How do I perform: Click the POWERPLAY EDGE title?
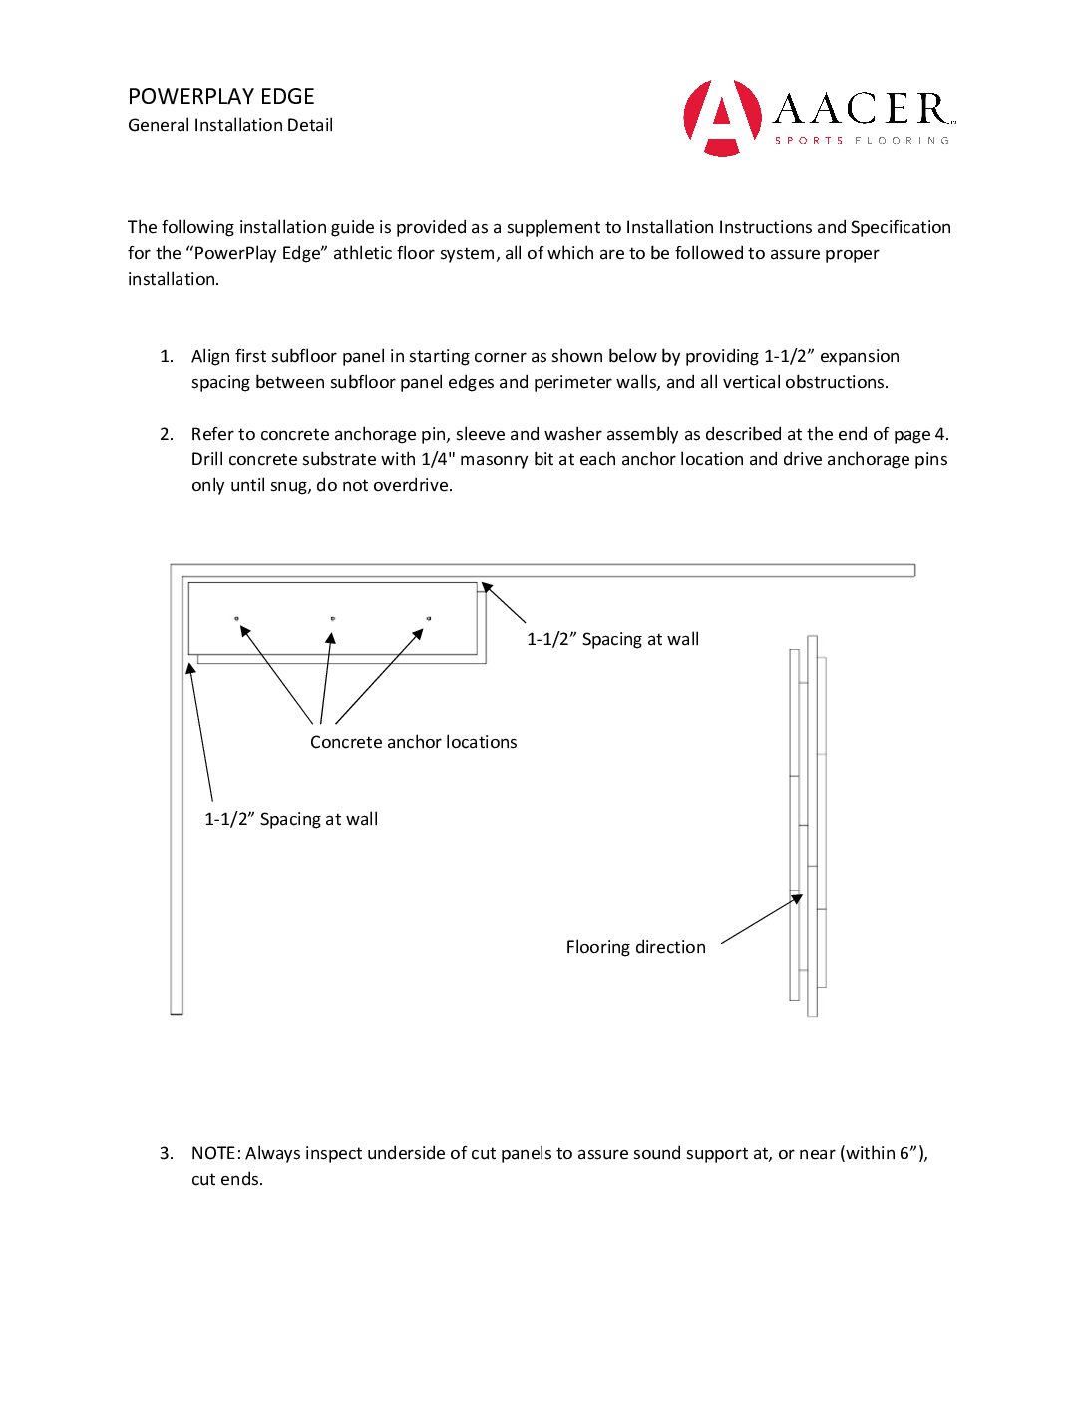point(220,97)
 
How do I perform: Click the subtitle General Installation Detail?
point(230,125)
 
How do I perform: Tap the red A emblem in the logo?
point(722,117)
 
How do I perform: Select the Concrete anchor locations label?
point(413,742)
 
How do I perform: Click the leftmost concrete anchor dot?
point(236,619)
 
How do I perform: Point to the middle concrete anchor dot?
point(332,619)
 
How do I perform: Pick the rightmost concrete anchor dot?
point(429,619)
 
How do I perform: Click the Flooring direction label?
point(635,947)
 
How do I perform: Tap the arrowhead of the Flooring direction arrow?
point(798,898)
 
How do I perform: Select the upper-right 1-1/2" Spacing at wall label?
point(612,639)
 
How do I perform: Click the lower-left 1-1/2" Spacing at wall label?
point(291,819)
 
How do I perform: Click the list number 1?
point(166,356)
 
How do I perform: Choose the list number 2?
point(166,434)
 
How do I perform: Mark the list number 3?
point(166,1153)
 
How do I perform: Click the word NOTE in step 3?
point(214,1153)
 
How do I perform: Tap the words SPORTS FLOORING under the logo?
point(862,141)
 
